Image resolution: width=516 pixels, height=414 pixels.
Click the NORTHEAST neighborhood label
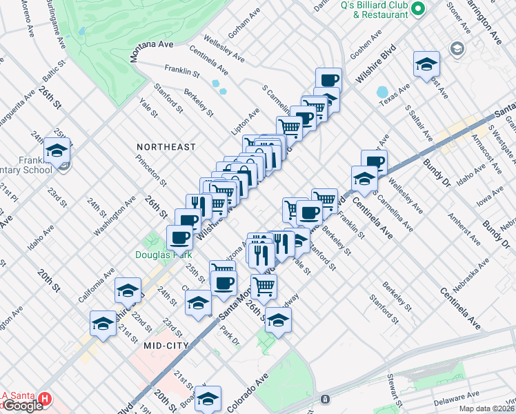(166, 147)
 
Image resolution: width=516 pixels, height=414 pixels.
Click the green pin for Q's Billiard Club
(417, 10)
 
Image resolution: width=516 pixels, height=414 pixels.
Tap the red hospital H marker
(45, 400)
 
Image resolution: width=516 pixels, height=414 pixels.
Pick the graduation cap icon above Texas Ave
(426, 64)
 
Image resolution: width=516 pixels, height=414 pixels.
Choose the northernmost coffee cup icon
(328, 79)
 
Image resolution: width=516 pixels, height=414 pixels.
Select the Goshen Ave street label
(366, 43)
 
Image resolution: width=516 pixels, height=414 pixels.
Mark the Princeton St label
(155, 169)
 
